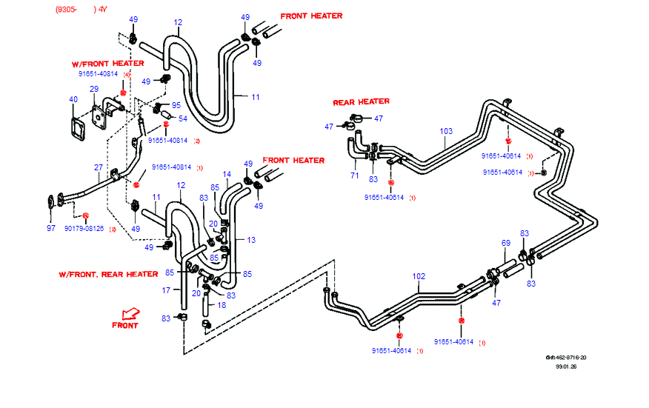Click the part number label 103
tap(446, 132)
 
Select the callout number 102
tap(419, 277)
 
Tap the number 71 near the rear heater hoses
tap(354, 176)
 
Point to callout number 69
tap(506, 243)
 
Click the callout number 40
tap(73, 99)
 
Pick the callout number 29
tap(94, 90)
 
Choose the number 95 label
tap(176, 105)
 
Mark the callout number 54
tap(182, 118)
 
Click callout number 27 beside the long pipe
tap(98, 167)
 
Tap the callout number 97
tap(51, 228)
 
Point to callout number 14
tap(227, 175)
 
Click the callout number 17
tap(167, 290)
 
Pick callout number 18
tap(222, 304)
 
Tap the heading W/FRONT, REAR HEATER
tap(108, 274)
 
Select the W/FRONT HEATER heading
tap(107, 64)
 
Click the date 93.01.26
tap(567, 366)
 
